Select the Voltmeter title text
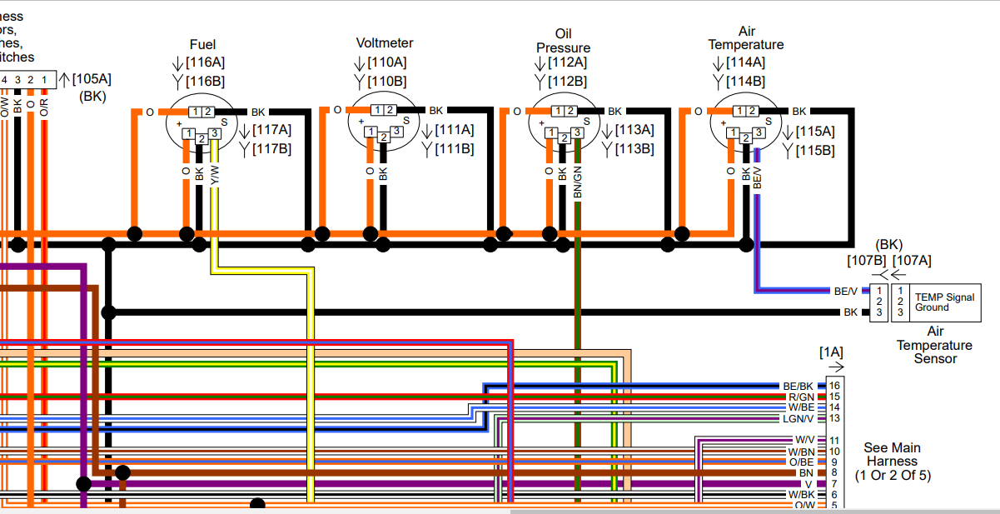click(384, 43)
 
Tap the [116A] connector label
click(205, 62)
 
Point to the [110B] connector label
click(387, 81)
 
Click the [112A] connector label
click(567, 62)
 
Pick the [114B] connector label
click(745, 81)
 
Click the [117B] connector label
click(272, 149)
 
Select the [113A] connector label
click(634, 130)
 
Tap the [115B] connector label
click(814, 150)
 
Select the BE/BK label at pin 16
click(798, 386)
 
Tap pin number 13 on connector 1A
click(834, 418)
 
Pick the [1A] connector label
click(831, 352)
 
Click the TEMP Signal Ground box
click(943, 302)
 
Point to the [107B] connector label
click(867, 261)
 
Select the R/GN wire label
click(801, 397)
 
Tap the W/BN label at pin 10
click(802, 452)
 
